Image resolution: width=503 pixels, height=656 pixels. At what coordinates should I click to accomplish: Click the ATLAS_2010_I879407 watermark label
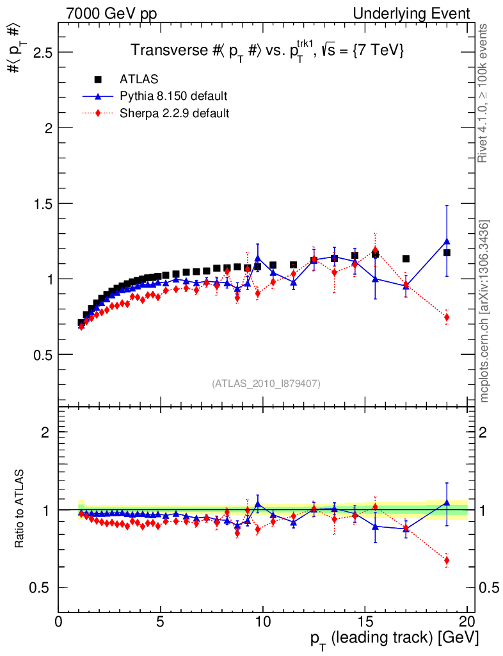pyautogui.click(x=266, y=383)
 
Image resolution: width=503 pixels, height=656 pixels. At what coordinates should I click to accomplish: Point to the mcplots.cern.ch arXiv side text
pyautogui.click(x=485, y=311)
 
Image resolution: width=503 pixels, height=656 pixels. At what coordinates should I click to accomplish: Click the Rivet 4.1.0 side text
pyautogui.click(x=485, y=93)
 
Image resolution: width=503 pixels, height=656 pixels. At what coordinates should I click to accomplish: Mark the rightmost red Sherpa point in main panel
pyautogui.click(x=447, y=317)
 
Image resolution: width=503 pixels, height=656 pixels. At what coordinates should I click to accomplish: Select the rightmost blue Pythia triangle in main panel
pyautogui.click(x=447, y=242)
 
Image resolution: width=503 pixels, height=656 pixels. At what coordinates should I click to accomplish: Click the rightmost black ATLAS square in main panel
pyautogui.click(x=447, y=252)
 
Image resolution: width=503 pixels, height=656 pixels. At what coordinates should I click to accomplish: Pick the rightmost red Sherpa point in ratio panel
pyautogui.click(x=447, y=561)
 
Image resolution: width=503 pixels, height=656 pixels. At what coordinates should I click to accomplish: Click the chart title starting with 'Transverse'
pyautogui.click(x=267, y=51)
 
